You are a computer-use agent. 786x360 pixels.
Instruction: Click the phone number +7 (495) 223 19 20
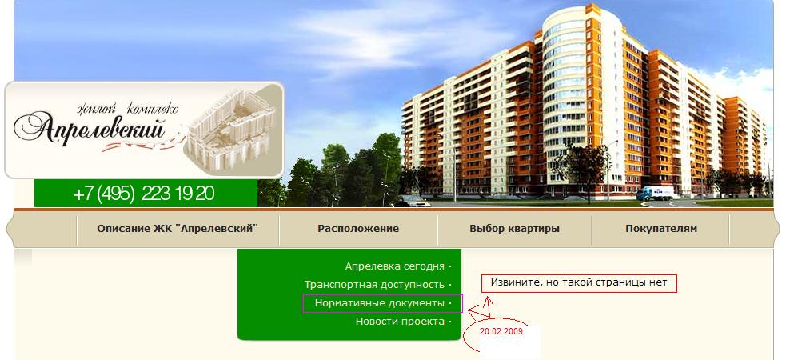point(144,194)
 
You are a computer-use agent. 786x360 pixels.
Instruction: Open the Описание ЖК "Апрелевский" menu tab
point(178,229)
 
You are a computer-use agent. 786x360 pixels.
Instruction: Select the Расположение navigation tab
point(358,229)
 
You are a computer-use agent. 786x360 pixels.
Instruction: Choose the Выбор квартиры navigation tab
point(514,229)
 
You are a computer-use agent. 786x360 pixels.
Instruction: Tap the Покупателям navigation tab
point(661,229)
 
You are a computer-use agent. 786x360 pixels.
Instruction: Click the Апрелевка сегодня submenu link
point(394,266)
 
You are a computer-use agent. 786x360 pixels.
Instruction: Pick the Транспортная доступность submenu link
point(374,285)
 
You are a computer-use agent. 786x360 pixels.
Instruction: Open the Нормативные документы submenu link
point(380,303)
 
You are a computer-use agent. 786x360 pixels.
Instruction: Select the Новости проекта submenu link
point(400,322)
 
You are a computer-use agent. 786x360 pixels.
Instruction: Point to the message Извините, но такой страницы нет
point(579,282)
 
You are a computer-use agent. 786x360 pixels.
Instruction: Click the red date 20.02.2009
point(501,331)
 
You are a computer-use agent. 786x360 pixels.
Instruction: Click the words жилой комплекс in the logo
point(127,108)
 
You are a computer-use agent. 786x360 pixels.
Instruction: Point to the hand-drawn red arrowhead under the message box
point(485,302)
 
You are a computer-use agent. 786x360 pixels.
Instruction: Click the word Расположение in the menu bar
point(358,229)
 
